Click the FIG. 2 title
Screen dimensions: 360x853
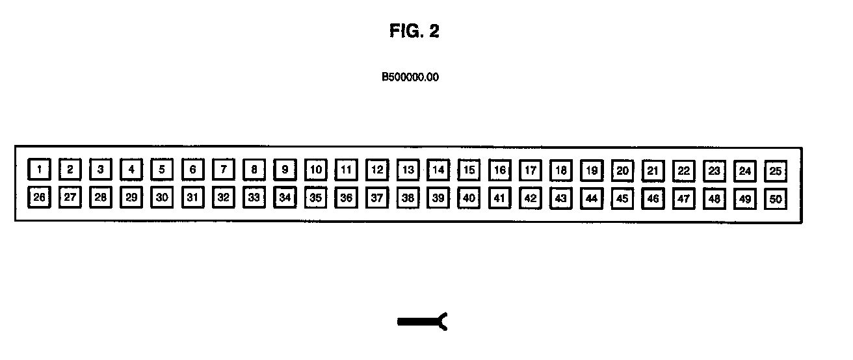[414, 31]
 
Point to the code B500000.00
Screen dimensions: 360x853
[410, 77]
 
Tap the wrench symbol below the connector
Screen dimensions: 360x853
[423, 321]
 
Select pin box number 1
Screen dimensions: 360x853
[39, 170]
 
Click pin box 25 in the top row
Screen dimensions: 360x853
[775, 171]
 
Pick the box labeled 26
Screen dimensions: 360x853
[39, 198]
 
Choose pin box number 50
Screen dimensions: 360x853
[775, 199]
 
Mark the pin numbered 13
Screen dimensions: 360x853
[408, 170]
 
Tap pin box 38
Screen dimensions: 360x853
[408, 198]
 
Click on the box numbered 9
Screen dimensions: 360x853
[285, 170]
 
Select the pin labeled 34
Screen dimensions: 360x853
[285, 198]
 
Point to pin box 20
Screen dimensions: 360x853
[622, 171]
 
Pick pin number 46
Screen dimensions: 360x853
[653, 199]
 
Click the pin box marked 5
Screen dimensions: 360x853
[162, 170]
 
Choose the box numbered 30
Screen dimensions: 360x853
[162, 198]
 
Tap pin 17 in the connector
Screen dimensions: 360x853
[531, 171]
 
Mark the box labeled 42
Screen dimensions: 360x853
[531, 198]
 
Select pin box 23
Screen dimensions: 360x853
[714, 171]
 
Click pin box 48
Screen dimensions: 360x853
[714, 199]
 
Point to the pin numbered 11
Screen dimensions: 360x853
[347, 170]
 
